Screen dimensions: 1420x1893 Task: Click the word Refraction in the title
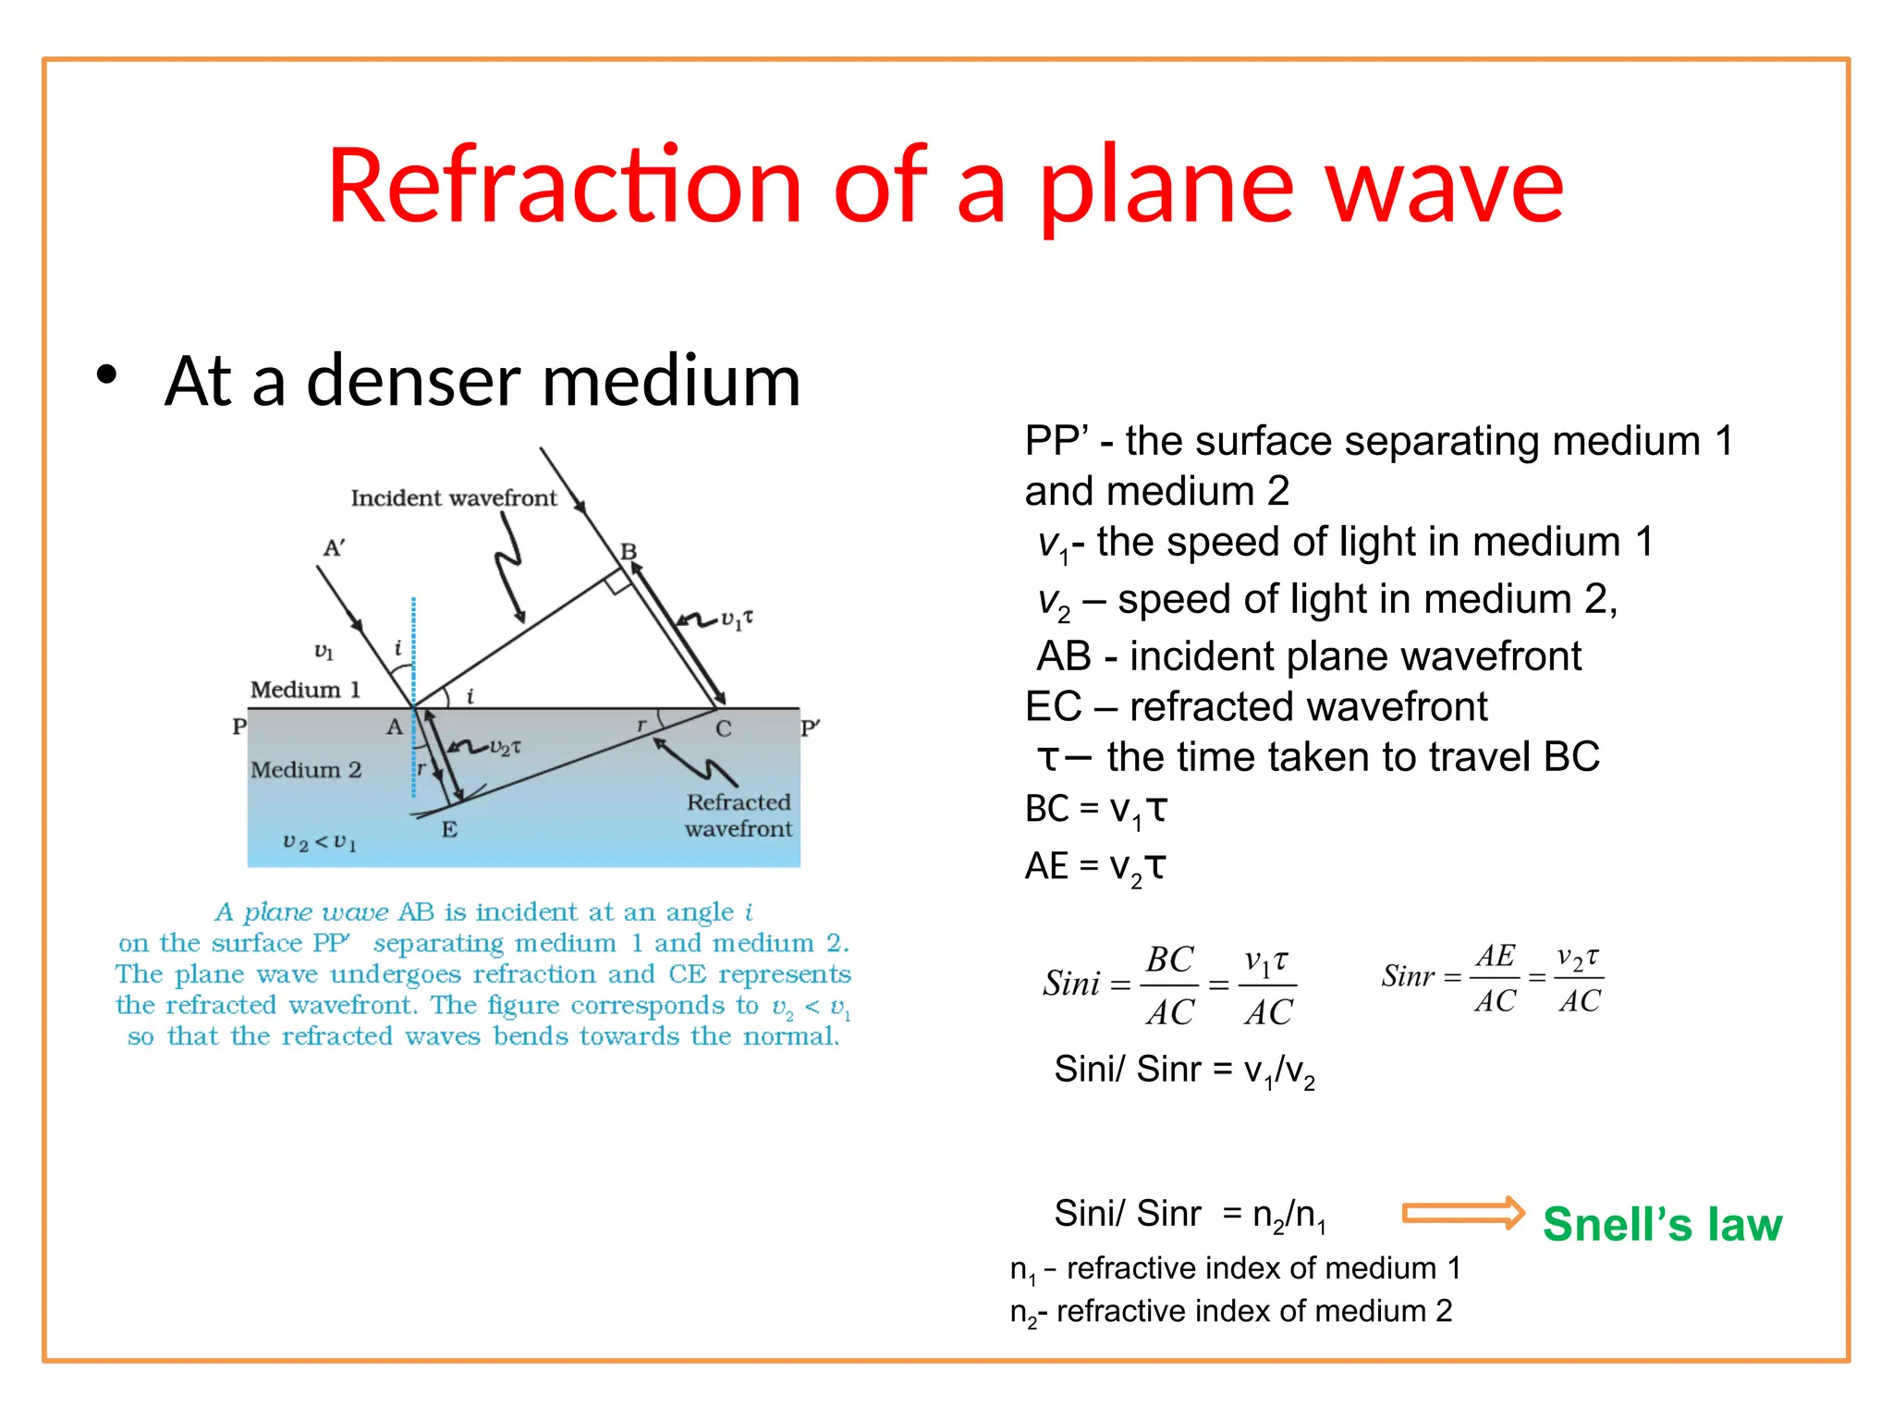564,187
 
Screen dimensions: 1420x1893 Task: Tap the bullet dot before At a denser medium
107,375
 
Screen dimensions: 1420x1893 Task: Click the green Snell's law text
1661,1224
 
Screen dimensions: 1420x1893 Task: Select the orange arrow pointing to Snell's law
1462,1213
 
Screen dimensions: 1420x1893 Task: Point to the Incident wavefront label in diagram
453,498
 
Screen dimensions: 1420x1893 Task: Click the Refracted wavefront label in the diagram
738,815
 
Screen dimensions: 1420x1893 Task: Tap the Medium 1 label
305,690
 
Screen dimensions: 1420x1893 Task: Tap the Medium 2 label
305,769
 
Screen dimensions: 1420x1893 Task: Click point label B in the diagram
629,551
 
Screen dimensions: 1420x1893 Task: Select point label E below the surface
449,829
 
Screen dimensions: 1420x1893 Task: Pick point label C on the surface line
723,729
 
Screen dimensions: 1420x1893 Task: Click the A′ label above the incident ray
334,548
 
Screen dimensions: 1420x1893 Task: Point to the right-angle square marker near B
617,581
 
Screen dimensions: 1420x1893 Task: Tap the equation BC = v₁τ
1095,810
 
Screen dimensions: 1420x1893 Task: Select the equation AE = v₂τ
1095,867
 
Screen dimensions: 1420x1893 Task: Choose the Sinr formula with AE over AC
1492,978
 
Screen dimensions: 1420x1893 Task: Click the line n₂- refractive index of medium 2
1230,1312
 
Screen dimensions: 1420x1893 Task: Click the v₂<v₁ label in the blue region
320,842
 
